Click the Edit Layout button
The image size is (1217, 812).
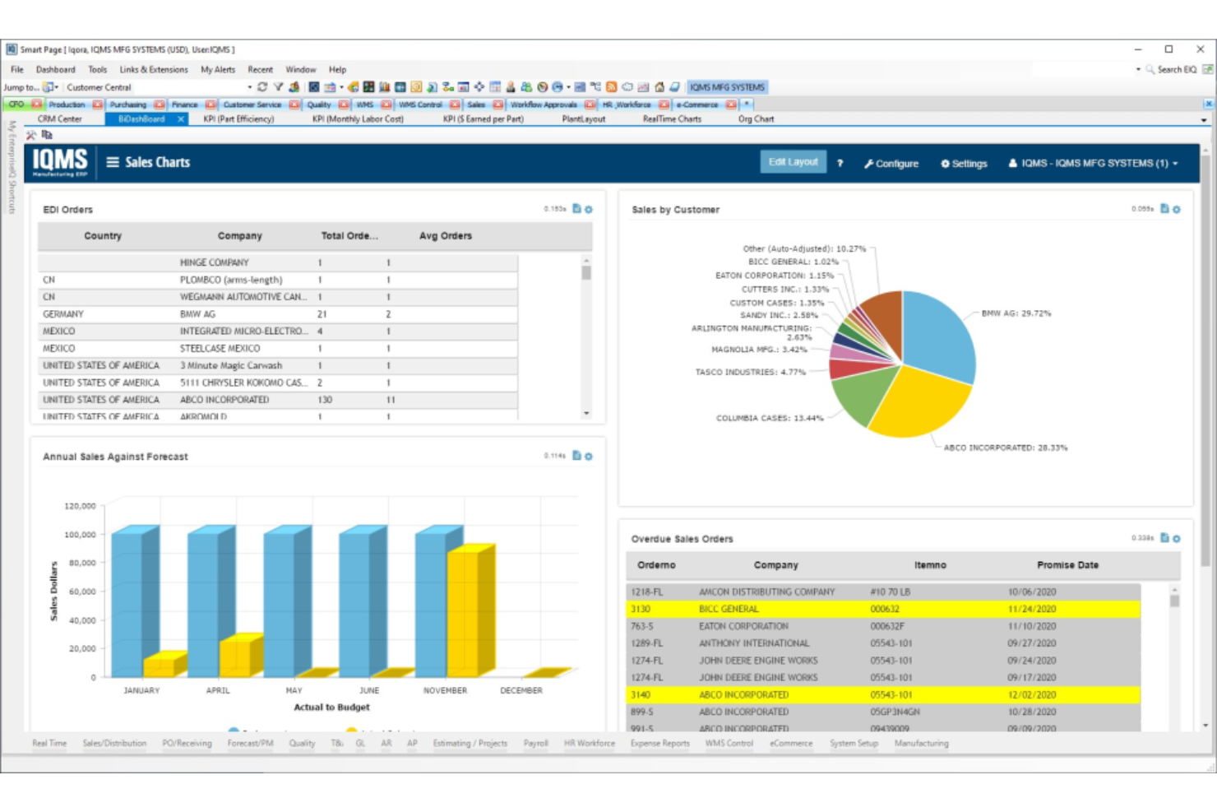[x=793, y=162]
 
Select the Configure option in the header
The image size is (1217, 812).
[x=891, y=164]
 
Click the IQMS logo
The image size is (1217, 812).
[x=60, y=162]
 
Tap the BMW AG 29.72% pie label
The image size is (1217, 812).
[x=1016, y=313]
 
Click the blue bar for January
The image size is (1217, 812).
[x=127, y=601]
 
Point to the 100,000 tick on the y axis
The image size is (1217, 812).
[x=80, y=535]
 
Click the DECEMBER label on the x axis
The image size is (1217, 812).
[x=521, y=691]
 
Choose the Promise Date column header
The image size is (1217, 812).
[x=1067, y=565]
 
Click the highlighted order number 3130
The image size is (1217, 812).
[x=641, y=610]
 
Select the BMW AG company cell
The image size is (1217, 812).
[x=197, y=314]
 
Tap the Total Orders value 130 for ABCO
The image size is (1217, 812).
[x=325, y=400]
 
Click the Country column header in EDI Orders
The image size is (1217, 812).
[x=103, y=236]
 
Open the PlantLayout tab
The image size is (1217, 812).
[x=583, y=119]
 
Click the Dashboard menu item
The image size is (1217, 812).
[x=55, y=70]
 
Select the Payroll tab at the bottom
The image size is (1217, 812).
[x=535, y=744]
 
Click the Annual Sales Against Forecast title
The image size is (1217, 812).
[x=115, y=457]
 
